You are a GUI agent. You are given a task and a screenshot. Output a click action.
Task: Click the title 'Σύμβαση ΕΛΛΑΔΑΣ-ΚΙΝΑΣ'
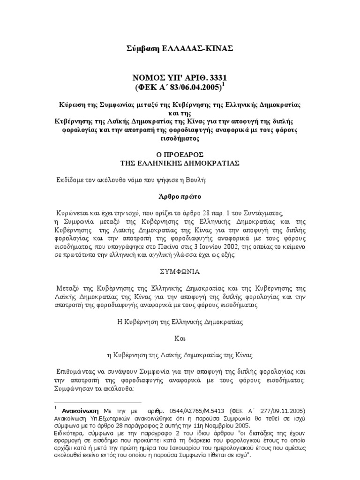[180, 49]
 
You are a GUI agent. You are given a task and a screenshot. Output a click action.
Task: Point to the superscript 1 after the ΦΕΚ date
[223, 84]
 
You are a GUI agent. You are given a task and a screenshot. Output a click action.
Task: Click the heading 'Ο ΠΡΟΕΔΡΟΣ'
[180, 155]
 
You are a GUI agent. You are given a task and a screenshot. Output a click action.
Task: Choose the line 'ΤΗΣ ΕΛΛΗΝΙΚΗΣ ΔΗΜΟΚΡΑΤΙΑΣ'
[180, 163]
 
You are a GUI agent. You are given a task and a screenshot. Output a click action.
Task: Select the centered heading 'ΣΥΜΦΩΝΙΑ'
[180, 271]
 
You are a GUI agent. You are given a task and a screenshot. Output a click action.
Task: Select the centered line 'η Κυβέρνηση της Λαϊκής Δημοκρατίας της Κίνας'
[180, 354]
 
